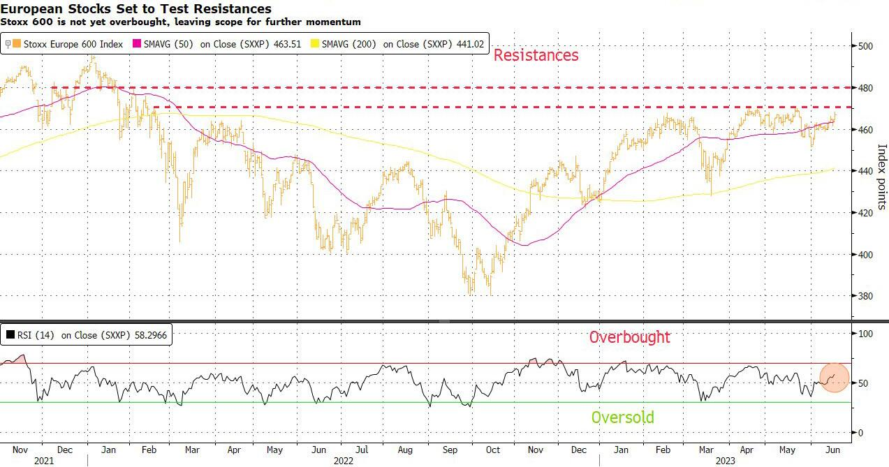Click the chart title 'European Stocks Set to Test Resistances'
[136, 8]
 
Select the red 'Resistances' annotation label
[536, 55]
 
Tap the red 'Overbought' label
[629, 337]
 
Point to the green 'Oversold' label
[622, 417]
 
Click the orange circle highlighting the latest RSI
[833, 378]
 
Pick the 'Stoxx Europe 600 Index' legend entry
[68, 44]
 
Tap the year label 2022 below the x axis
[343, 461]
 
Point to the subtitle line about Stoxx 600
[181, 22]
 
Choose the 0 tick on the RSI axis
[862, 433]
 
